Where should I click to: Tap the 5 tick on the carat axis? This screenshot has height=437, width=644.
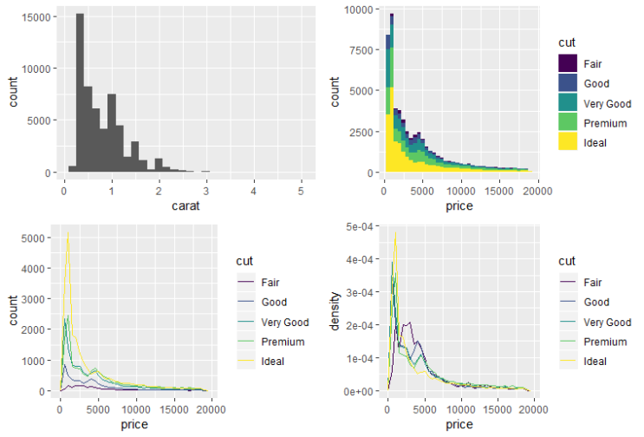point(301,188)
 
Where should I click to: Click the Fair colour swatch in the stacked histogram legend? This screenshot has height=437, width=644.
point(568,63)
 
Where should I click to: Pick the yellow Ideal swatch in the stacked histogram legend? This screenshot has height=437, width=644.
point(568,143)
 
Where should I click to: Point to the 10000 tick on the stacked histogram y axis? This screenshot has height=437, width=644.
point(359,10)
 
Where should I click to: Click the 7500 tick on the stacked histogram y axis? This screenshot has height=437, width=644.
point(362,50)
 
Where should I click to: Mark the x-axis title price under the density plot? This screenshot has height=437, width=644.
point(459,424)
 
